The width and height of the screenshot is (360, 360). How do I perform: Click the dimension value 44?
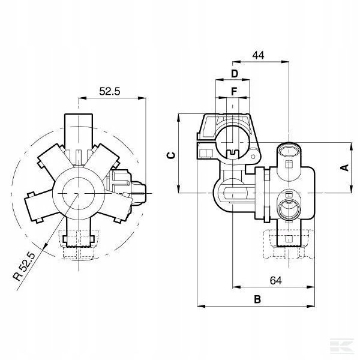click(x=258, y=55)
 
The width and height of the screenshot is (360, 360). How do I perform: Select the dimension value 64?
click(x=275, y=280)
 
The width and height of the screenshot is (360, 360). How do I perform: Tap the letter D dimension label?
click(x=235, y=74)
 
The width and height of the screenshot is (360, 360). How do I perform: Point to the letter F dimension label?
click(x=234, y=92)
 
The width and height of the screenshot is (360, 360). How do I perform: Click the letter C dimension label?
click(x=171, y=155)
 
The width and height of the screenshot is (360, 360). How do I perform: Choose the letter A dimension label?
click(x=344, y=167)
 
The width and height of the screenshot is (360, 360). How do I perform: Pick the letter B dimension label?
click(x=257, y=299)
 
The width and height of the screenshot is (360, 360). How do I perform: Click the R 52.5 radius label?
click(x=25, y=267)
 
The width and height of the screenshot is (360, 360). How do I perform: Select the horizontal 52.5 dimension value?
click(x=110, y=91)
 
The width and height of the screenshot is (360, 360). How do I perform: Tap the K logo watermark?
click(x=342, y=346)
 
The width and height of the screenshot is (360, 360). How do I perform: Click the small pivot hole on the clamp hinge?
click(x=253, y=157)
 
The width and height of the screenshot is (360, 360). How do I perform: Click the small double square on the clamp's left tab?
click(x=205, y=153)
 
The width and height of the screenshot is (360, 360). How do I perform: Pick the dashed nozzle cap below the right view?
click(x=289, y=245)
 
